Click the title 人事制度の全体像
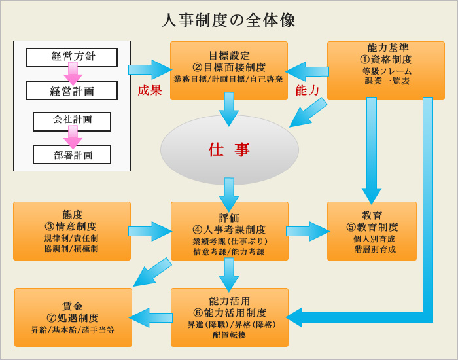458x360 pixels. coord(229,20)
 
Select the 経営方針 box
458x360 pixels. coord(72,56)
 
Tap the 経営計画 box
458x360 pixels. coord(72,91)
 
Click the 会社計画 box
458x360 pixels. coord(72,120)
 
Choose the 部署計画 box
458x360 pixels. coord(72,155)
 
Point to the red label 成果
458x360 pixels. coord(149,90)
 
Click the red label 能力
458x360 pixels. coord(308,90)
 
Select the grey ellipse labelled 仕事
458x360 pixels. coord(229,150)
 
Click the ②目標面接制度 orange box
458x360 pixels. coord(228,70)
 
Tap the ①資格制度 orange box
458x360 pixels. coord(386,70)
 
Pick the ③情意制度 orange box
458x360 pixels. coord(71,231)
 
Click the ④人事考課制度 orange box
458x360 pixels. coord(229,231)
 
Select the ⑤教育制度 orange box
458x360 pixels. coord(372,231)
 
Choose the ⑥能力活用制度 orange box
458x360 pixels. coord(229,317)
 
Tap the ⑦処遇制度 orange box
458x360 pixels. coord(73,317)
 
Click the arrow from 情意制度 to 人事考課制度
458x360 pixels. coord(150,231)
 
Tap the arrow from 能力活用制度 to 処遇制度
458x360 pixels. coord(151,317)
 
